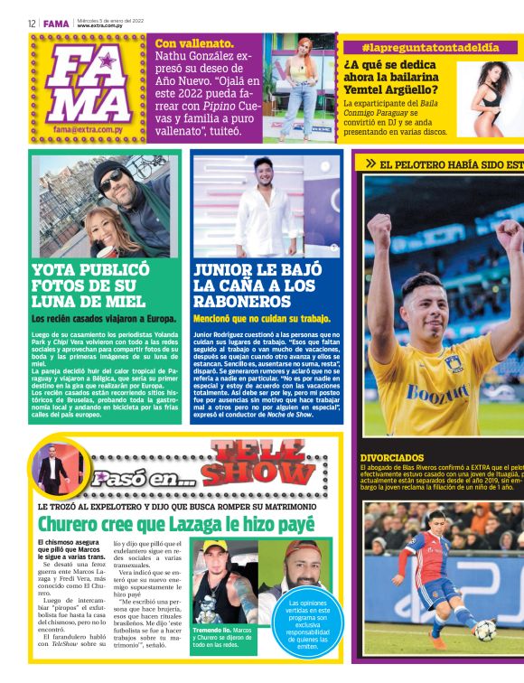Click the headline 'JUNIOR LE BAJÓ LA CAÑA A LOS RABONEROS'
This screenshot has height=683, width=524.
(253, 285)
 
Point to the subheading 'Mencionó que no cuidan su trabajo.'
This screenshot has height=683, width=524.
(262, 318)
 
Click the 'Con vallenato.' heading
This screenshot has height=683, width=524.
(195, 42)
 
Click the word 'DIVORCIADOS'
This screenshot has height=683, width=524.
(391, 458)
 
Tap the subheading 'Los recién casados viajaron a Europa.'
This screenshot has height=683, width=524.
(104, 318)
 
